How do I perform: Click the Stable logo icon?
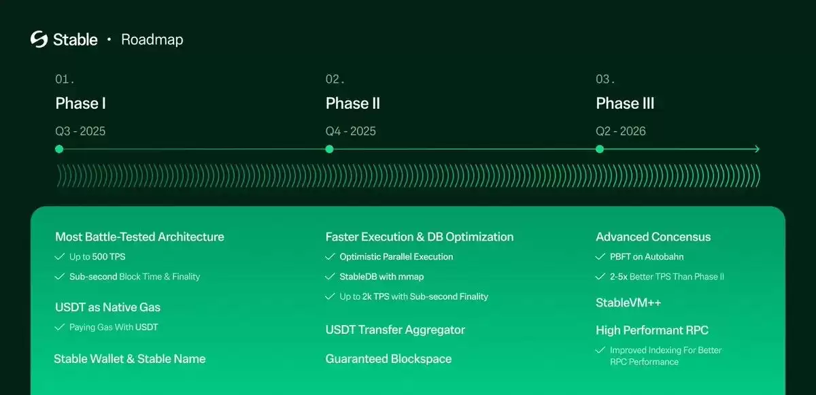(x=39, y=39)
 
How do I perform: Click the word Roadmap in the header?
(x=152, y=39)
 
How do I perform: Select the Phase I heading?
(x=80, y=103)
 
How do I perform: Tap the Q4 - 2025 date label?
(x=350, y=131)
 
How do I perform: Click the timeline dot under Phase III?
(x=600, y=149)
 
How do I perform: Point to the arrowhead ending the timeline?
(x=757, y=149)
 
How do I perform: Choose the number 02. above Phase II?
(x=335, y=80)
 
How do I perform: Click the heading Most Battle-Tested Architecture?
(x=139, y=237)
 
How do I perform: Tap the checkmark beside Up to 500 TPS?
(x=59, y=257)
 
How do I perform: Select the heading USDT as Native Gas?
(x=107, y=307)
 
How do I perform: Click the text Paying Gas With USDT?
(x=114, y=327)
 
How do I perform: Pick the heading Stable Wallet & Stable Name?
(x=129, y=358)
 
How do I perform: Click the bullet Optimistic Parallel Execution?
(x=396, y=257)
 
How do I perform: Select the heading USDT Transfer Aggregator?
(x=395, y=330)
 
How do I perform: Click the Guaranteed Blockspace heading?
(x=388, y=358)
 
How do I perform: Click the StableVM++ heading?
(x=628, y=303)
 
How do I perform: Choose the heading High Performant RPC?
(x=651, y=330)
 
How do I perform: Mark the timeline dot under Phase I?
(x=59, y=149)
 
